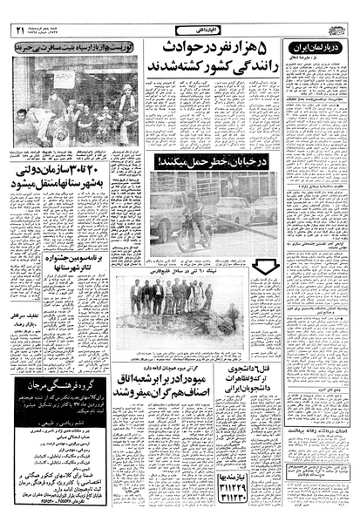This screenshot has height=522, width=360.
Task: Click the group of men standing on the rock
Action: pos(171,296)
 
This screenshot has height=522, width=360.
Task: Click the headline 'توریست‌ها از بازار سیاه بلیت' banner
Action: pos(75,50)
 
